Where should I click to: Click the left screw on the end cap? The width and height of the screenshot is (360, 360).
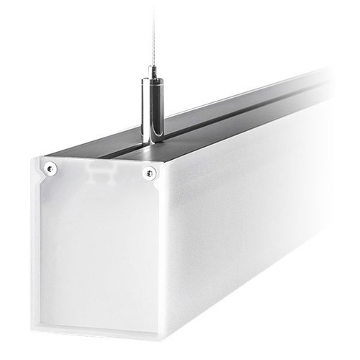pyautogui.click(x=50, y=168)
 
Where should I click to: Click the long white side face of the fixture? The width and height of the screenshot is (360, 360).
pyautogui.click(x=238, y=216)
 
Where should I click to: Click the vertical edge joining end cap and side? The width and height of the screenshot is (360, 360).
pyautogui.click(x=163, y=252)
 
